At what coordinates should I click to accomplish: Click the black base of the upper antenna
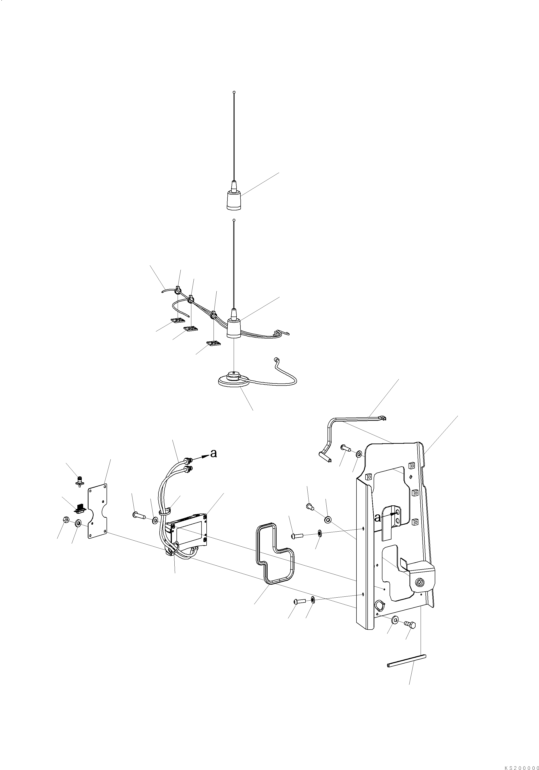(234, 201)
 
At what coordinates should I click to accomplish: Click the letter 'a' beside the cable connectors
(213, 453)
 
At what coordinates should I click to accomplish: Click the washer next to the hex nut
(79, 523)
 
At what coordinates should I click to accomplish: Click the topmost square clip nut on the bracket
(412, 465)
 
